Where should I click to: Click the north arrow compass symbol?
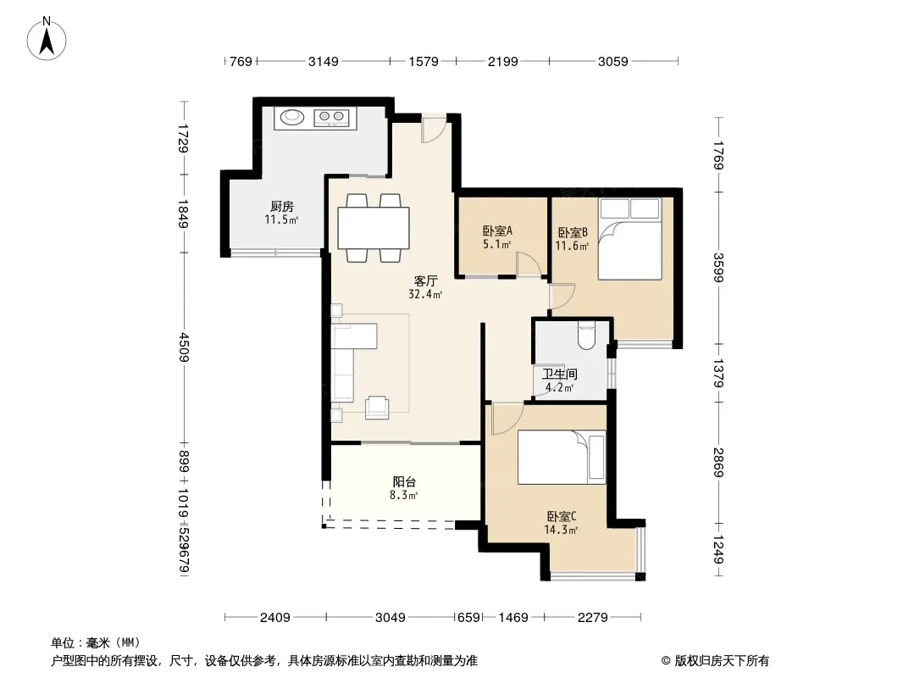tap(47, 39)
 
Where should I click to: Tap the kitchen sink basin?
tap(292, 117)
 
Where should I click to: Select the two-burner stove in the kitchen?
tap(331, 118)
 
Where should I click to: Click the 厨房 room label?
tap(281, 206)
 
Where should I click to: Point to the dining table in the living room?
tap(374, 227)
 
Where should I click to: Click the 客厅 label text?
tap(425, 281)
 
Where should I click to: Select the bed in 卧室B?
tap(629, 239)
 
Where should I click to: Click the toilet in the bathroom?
tap(586, 336)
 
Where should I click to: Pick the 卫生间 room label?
tap(559, 375)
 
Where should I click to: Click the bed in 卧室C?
tap(562, 458)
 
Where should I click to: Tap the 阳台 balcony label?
tap(404, 482)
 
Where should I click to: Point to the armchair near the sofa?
tap(377, 407)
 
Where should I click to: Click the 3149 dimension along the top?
tap(323, 61)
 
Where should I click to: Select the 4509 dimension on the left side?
tap(184, 347)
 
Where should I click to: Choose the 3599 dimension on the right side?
tap(718, 268)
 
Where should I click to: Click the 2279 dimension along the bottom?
tap(592, 618)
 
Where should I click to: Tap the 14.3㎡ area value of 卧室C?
tap(560, 530)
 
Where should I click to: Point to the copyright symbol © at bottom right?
tap(666, 661)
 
